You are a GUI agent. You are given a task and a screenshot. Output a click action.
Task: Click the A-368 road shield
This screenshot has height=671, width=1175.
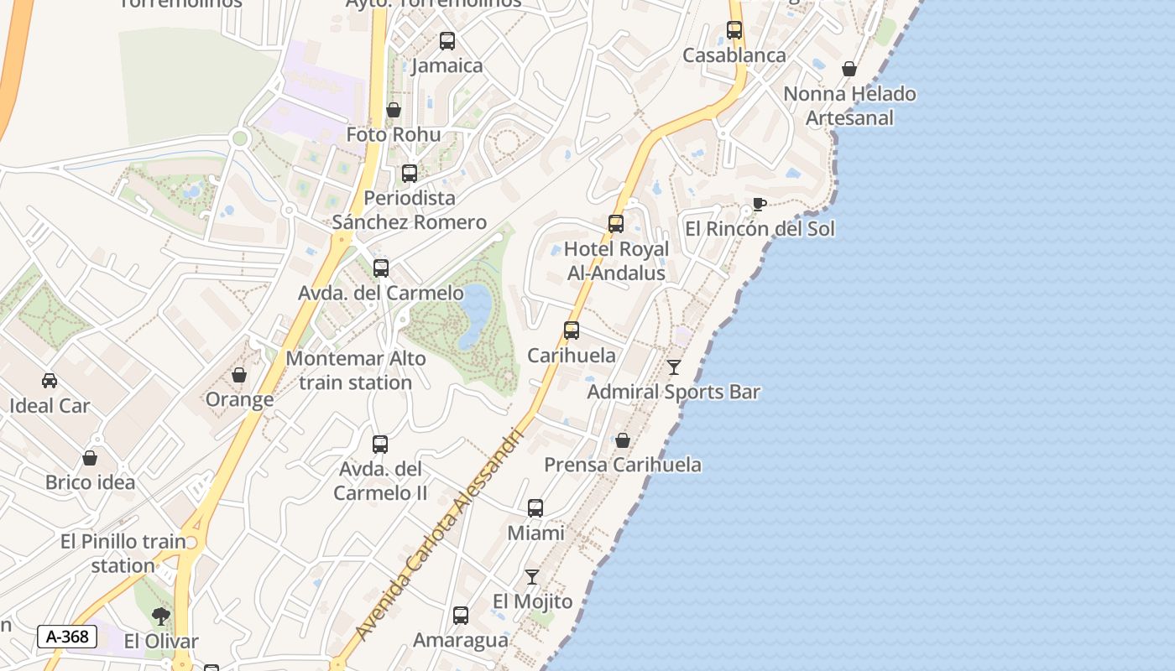[67, 637]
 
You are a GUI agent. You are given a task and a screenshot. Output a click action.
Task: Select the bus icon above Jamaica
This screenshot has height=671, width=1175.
[447, 41]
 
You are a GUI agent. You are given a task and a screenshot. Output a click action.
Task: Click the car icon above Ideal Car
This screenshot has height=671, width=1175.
[50, 381]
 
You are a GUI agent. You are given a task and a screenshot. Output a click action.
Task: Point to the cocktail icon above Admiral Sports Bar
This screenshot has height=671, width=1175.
[673, 367]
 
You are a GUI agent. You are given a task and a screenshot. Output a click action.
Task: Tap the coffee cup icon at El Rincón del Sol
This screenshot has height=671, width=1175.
[759, 204]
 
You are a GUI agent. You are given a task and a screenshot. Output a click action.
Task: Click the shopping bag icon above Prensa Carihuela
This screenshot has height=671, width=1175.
[623, 440]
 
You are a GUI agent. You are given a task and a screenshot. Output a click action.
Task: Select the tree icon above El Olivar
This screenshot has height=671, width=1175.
[161, 617]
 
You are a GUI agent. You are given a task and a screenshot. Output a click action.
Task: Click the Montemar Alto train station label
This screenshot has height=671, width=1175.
[356, 370]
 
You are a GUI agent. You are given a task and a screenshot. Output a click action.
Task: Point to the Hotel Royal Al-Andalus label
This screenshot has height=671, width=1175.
[616, 261]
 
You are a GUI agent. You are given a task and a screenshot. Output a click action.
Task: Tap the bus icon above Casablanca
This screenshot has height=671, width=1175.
[734, 30]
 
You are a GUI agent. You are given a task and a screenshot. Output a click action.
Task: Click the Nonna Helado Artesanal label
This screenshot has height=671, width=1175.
[849, 106]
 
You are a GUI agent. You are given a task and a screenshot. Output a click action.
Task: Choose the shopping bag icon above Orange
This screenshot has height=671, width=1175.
[239, 375]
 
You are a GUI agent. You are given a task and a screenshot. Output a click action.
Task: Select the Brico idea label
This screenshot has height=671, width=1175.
[90, 482]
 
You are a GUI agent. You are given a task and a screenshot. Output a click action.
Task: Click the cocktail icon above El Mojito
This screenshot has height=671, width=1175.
[532, 577]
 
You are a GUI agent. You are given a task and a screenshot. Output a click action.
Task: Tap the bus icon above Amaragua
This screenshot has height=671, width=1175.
[461, 616]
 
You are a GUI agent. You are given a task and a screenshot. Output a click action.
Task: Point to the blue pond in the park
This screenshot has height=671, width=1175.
[476, 315]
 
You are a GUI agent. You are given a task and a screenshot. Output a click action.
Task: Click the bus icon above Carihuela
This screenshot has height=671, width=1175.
[572, 330]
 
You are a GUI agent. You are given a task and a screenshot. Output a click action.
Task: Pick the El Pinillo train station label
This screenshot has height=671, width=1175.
[123, 554]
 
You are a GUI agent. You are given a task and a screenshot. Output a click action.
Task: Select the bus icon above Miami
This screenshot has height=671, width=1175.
[535, 508]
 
